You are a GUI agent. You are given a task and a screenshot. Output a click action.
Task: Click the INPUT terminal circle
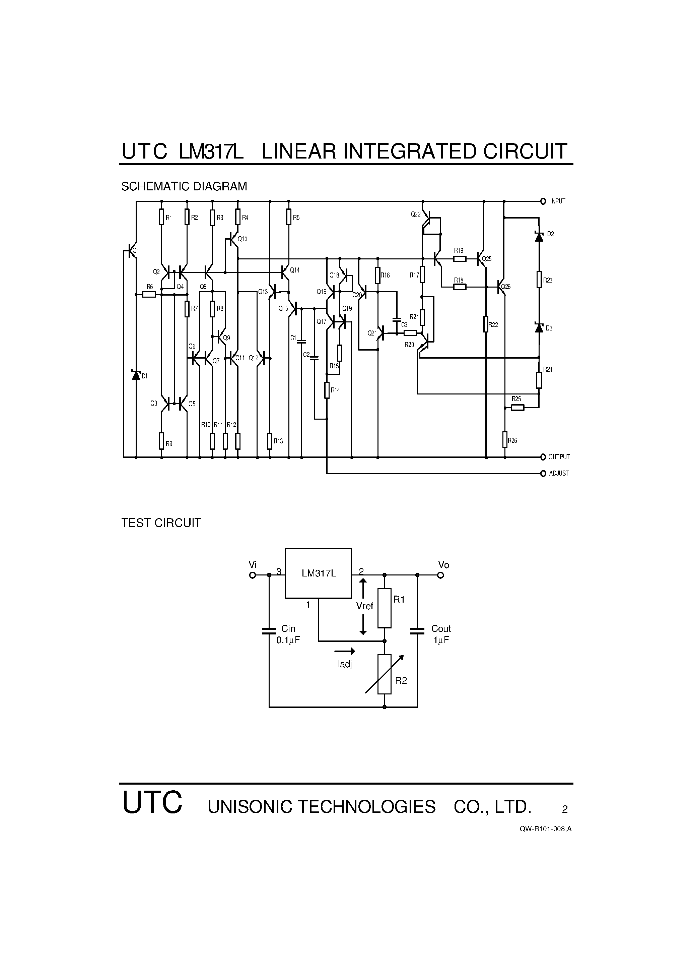543,201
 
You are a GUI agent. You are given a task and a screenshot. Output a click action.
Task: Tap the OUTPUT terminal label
559,457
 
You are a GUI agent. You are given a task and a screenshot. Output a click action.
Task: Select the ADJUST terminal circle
543,473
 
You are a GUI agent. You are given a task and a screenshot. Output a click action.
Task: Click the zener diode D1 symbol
136,375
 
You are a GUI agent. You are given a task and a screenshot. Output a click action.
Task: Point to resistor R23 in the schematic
539,280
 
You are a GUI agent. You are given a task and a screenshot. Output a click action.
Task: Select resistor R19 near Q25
459,259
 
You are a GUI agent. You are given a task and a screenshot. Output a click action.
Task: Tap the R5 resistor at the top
289,217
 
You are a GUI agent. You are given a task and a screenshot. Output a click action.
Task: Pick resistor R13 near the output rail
270,441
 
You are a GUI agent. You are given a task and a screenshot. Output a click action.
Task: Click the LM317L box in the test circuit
318,573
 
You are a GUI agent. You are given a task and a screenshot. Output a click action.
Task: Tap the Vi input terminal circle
253,575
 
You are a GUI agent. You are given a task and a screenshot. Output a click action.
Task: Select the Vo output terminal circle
441,575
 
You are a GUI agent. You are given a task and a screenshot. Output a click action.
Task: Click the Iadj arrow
345,651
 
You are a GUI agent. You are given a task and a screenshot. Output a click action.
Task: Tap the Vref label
365,606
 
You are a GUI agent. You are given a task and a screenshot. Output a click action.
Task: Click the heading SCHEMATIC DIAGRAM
184,187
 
